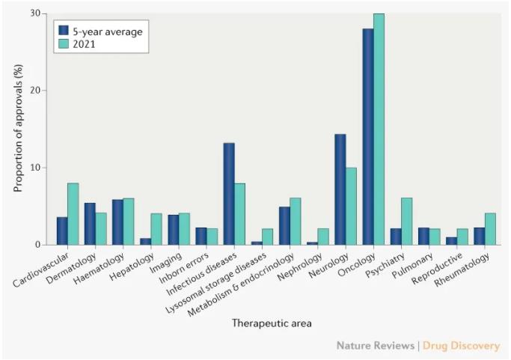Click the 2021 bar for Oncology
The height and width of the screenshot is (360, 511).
point(379,129)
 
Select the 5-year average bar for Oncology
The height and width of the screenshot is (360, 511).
point(368,136)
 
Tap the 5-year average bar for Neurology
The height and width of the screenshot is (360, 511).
point(340,189)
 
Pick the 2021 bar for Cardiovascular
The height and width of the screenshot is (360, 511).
point(73,214)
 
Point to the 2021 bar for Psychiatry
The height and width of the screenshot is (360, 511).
point(407,222)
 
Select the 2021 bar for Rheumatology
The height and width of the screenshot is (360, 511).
point(490,229)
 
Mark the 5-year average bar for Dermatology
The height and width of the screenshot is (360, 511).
point(90,224)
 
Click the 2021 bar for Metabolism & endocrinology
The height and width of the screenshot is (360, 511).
point(296,222)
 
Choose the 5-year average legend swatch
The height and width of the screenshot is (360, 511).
point(66,31)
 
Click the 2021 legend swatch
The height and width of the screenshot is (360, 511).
point(66,44)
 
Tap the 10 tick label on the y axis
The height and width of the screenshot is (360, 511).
point(35,168)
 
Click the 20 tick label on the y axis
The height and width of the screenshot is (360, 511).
point(35,91)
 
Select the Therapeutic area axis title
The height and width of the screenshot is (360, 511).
point(272,323)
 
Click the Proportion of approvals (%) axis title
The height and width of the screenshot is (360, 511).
point(19,129)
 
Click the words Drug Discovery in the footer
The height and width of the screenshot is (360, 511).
point(461,346)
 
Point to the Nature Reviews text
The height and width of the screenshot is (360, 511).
point(376,346)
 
